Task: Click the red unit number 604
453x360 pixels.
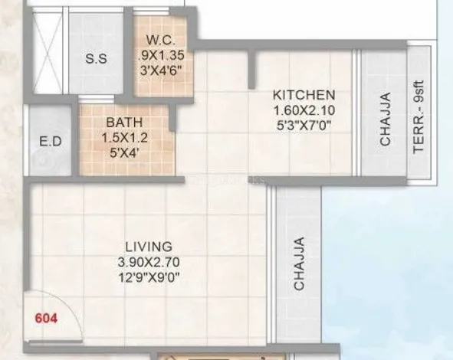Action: [46, 319]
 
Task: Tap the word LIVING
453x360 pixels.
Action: [149, 247]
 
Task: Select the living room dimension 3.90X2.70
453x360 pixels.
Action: [149, 263]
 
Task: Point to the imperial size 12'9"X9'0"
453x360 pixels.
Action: [149, 278]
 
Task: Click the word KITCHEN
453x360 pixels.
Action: [304, 95]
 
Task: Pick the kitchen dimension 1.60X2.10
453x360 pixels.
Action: [304, 110]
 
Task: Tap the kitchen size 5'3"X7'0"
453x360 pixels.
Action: [304, 126]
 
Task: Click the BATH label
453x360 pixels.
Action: [124, 123]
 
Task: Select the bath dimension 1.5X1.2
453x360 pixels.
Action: [124, 138]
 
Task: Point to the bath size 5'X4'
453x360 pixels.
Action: [124, 152]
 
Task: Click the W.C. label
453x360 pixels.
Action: [161, 40]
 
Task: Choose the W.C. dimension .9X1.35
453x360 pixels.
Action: [161, 55]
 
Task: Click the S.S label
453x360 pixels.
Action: [97, 59]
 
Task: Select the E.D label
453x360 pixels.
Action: [51, 142]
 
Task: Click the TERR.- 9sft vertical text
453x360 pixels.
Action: [419, 116]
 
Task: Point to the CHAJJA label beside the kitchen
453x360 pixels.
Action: [385, 119]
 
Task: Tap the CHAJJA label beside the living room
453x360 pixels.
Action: [299, 263]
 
